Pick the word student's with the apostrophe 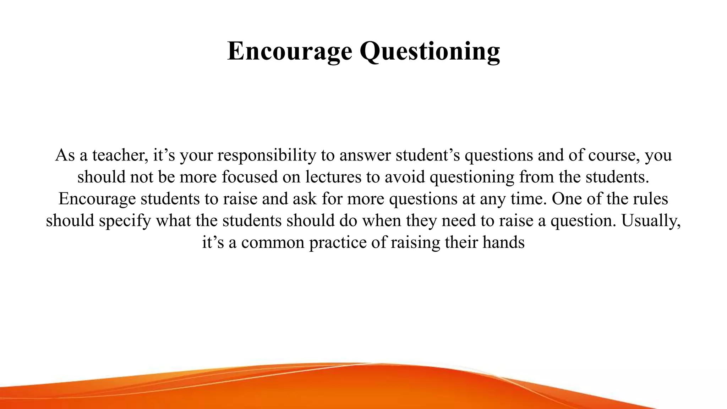[428, 156]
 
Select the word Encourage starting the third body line [97, 199]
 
